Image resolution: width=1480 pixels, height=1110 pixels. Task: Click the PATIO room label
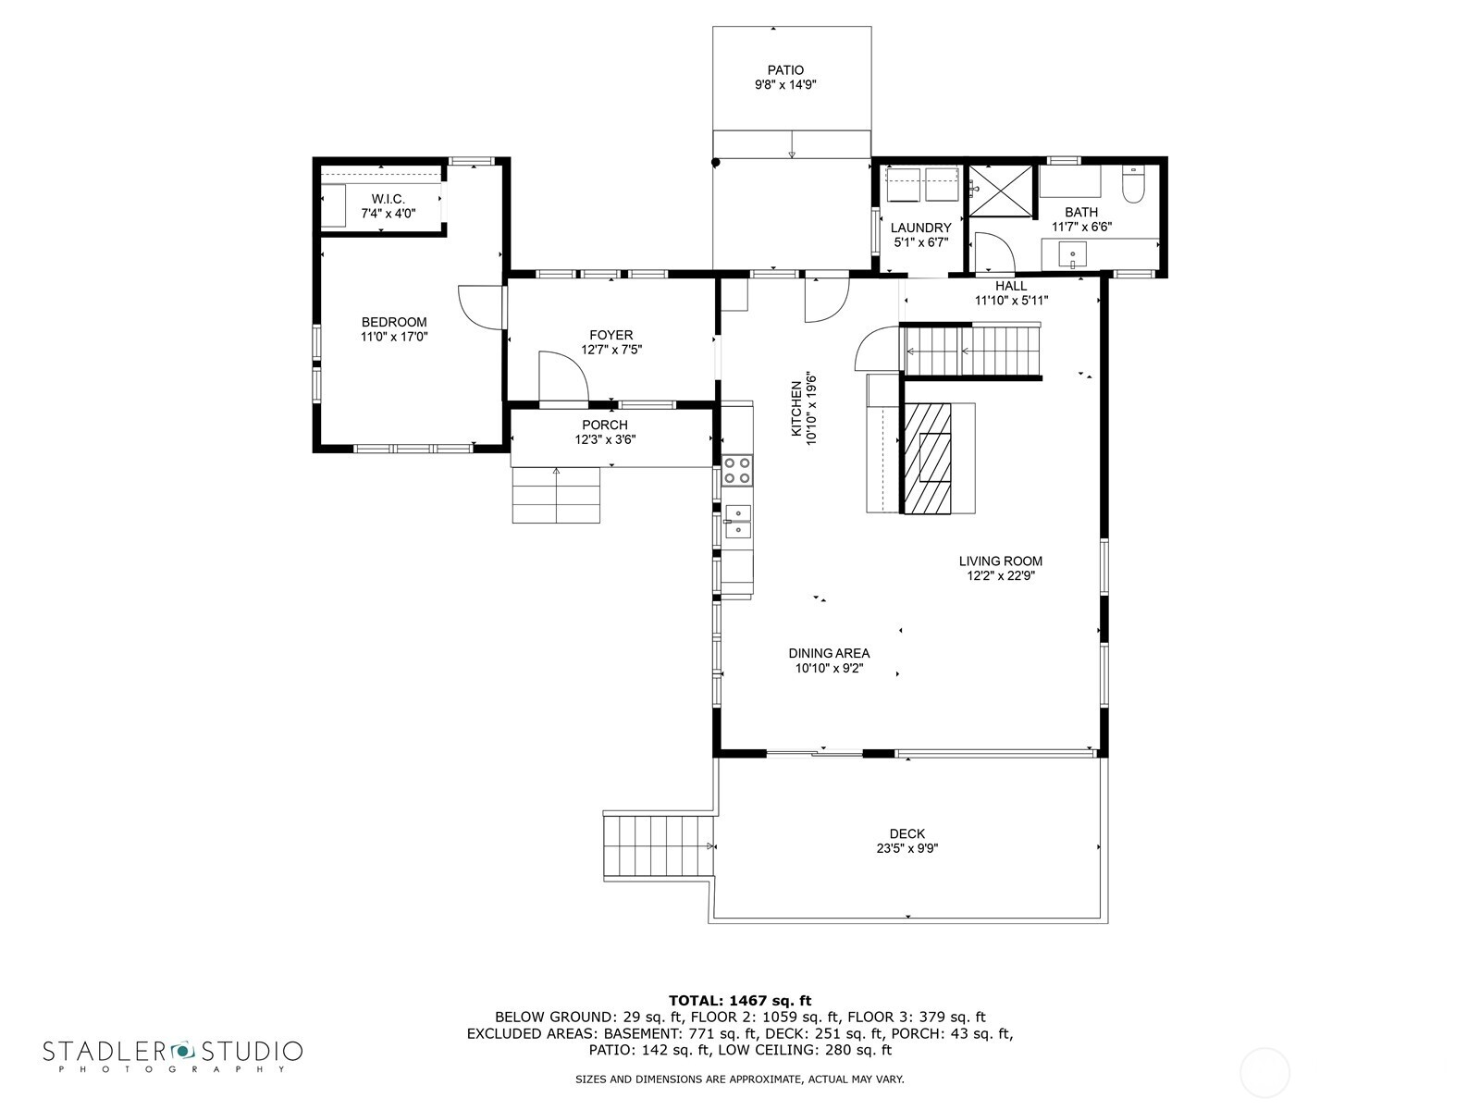785,70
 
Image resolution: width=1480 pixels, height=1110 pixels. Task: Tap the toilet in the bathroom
1133,184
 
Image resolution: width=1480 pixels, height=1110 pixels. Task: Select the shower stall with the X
1000,191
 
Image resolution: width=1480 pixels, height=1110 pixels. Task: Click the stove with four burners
737,470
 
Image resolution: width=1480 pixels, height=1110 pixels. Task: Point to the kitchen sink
737,521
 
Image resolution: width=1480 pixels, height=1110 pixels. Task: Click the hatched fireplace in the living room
928,458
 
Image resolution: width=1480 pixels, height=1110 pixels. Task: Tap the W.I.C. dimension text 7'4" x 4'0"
388,214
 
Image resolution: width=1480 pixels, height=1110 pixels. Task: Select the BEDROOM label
394,322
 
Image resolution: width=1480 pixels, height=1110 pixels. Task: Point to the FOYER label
611,335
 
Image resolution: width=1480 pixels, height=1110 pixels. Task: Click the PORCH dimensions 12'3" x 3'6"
605,439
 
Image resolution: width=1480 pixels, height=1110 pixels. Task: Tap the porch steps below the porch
557,495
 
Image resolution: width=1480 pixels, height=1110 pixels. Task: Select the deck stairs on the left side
659,846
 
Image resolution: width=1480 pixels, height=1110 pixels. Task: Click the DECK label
906,833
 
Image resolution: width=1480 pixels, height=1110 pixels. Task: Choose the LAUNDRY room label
920,228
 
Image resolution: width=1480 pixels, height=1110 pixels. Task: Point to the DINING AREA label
829,653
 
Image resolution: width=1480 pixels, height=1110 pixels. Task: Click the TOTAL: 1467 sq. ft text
739,1000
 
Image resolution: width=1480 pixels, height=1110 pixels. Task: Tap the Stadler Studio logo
173,1054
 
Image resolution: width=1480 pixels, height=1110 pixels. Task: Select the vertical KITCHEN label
795,409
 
